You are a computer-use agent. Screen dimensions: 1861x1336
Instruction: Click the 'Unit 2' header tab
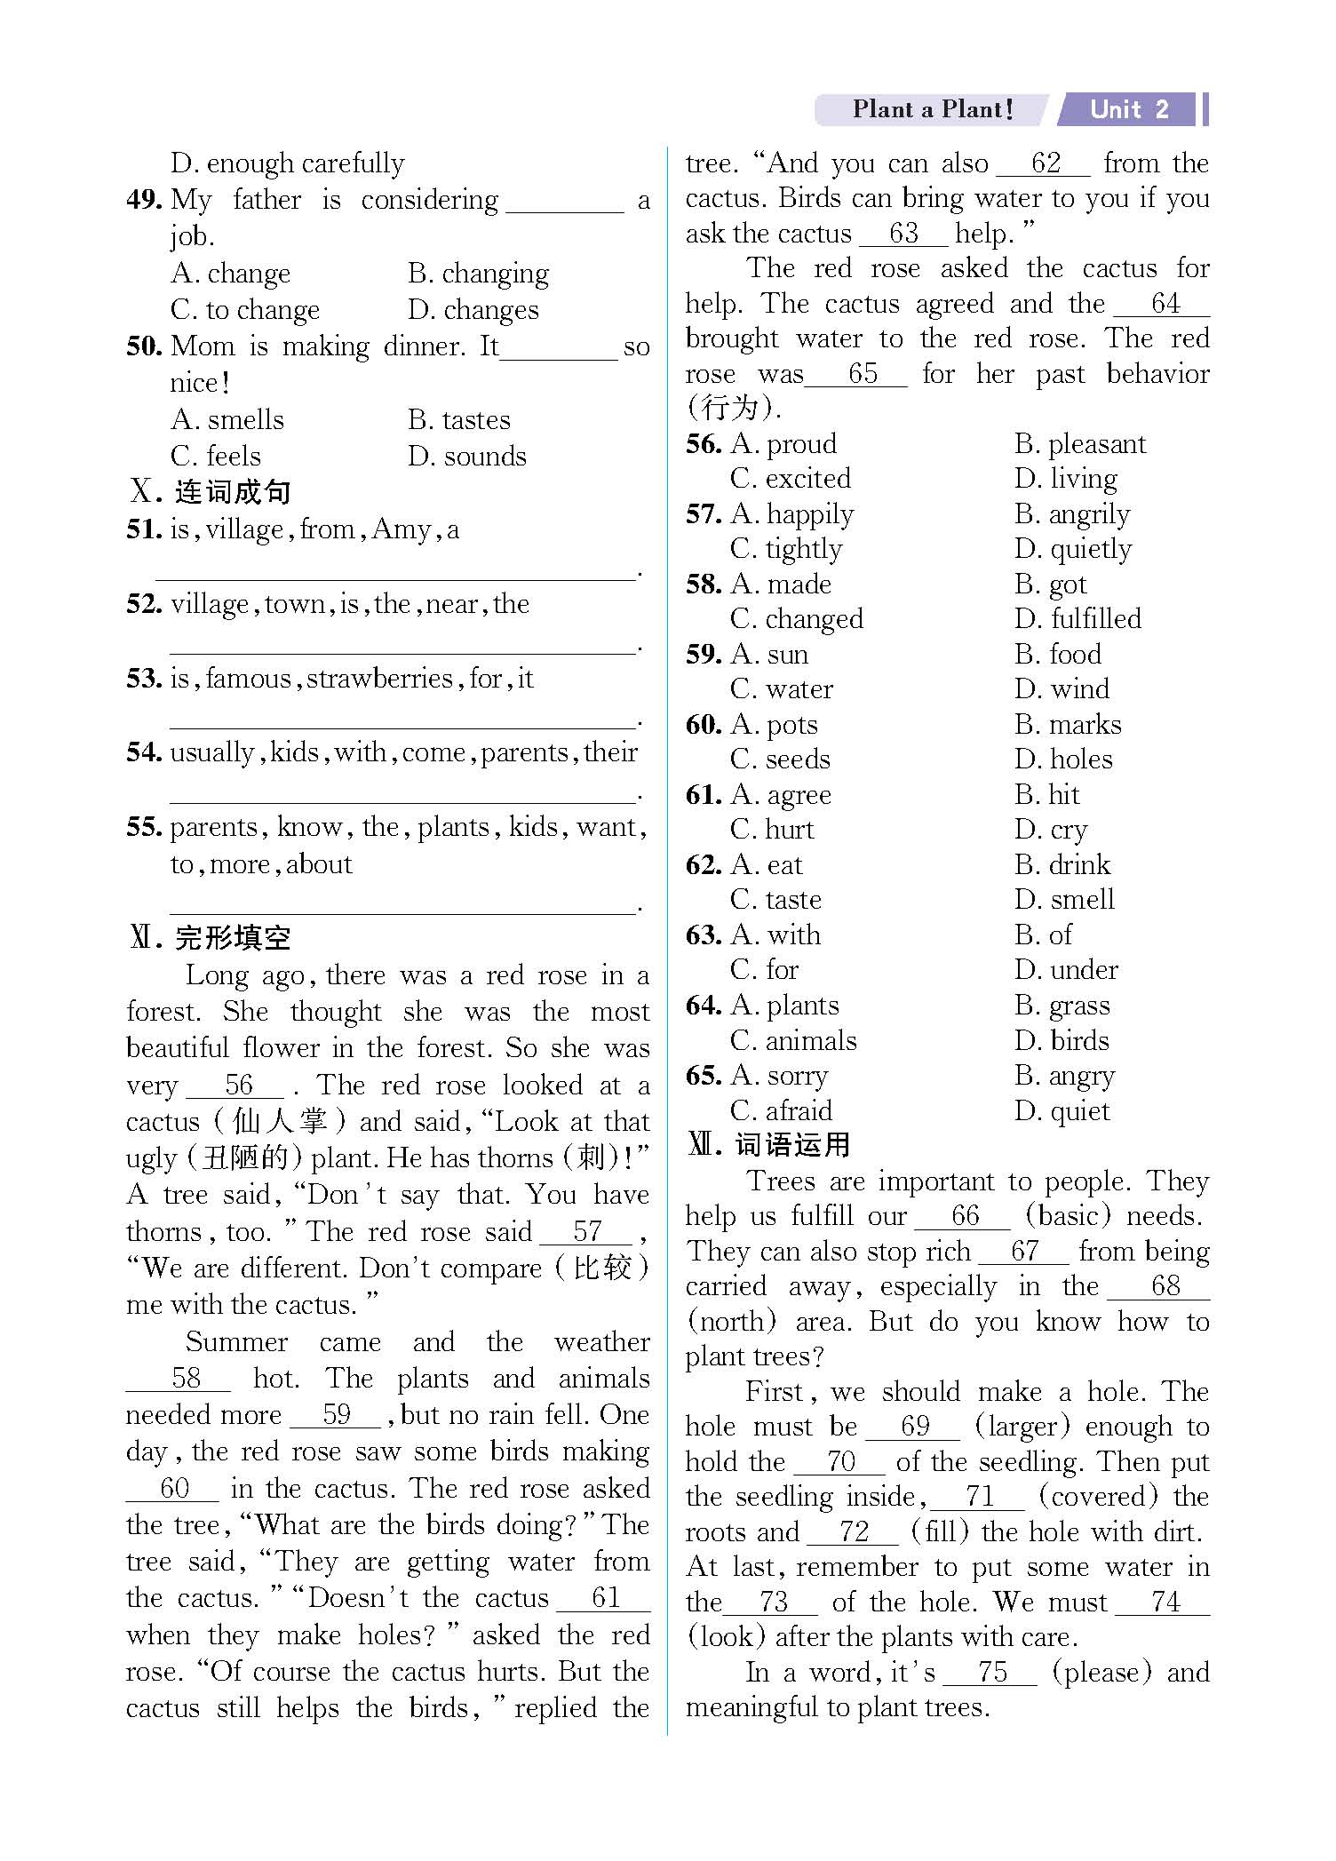click(x=1129, y=109)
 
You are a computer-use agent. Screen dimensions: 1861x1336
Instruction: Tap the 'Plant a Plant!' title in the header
click(x=932, y=109)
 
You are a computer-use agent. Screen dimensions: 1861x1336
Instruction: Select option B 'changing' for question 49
click(x=478, y=273)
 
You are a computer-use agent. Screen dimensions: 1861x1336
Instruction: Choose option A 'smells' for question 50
click(x=227, y=419)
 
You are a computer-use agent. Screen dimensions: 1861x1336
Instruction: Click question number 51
click(x=143, y=529)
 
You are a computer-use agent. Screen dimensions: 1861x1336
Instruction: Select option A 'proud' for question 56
click(x=783, y=443)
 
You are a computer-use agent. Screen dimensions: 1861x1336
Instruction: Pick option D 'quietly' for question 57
click(x=1073, y=549)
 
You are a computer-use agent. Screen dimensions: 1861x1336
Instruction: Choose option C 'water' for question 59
click(x=782, y=689)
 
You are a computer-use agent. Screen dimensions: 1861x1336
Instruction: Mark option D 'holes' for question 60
click(x=1063, y=760)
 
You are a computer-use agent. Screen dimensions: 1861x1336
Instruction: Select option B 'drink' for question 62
click(x=1062, y=864)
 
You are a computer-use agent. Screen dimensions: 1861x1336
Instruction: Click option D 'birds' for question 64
click(x=1062, y=1040)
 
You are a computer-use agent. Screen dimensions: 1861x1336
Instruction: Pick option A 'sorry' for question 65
click(x=779, y=1076)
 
